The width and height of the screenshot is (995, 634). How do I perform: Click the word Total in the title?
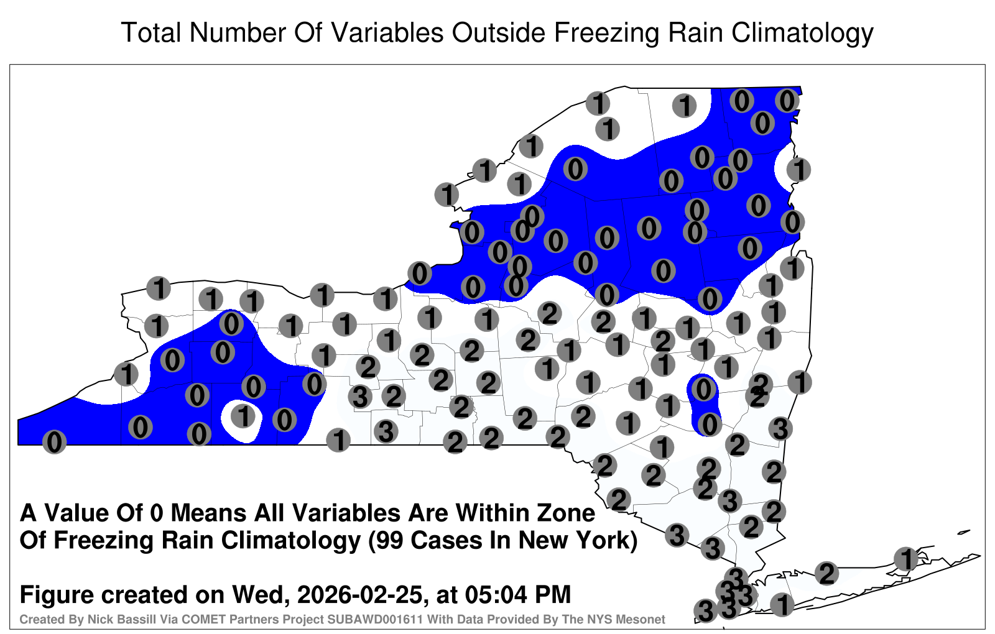point(151,32)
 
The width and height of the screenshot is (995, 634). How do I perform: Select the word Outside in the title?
point(498,32)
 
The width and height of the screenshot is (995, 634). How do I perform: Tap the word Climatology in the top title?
point(802,34)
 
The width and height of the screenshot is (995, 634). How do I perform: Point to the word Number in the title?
point(237,32)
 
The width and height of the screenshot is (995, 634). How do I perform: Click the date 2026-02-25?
point(359,594)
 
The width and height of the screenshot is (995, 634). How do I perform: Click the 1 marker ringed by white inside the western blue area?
point(243,416)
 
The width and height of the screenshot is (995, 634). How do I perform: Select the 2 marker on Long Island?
point(826,573)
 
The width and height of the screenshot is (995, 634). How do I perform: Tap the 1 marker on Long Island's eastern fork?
point(906,559)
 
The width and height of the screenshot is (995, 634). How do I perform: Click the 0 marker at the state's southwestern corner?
point(54,442)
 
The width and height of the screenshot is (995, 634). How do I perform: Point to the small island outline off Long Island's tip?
point(963,532)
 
